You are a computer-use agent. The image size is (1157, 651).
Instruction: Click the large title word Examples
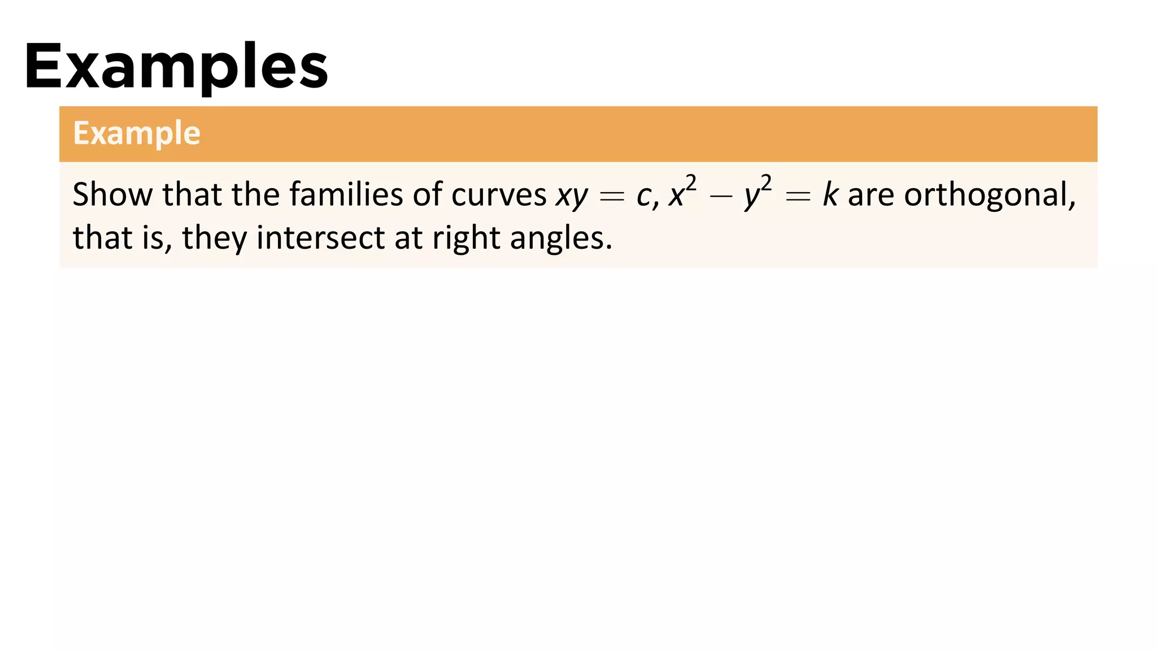click(x=176, y=67)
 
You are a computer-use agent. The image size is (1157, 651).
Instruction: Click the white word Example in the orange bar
click(x=137, y=133)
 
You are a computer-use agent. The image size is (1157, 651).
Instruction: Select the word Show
click(x=112, y=194)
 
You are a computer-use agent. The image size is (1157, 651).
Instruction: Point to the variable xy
click(x=572, y=196)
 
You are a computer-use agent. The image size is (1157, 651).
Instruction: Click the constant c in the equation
click(x=643, y=196)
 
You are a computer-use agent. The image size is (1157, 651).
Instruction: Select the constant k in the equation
click(x=830, y=195)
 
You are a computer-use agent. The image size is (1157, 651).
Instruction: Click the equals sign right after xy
click(x=612, y=197)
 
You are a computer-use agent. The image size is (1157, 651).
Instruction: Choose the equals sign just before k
click(x=798, y=197)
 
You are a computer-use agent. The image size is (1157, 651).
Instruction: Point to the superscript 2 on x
click(x=691, y=183)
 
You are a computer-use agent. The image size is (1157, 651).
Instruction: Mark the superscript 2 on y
click(x=766, y=183)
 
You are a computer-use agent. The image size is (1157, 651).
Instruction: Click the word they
click(x=214, y=237)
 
